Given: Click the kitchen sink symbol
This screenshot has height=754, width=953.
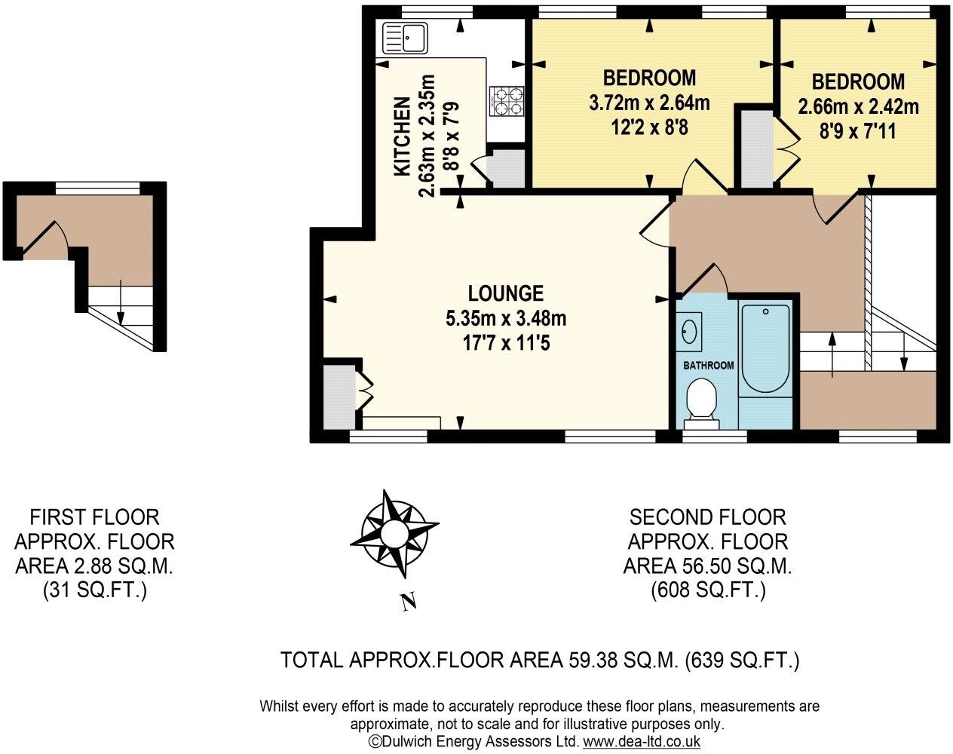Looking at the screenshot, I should pos(406,37).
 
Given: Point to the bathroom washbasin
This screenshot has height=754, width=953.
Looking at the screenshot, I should pos(688,331).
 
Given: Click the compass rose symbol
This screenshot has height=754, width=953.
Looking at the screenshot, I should pos(394,534).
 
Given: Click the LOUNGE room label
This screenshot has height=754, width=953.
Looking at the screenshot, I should pos(505,293).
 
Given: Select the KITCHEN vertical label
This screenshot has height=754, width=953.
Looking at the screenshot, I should pos(403,136).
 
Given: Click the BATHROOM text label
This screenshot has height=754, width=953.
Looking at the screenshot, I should pos(708,366).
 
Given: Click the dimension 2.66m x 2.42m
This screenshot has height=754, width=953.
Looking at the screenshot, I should pos(858,106).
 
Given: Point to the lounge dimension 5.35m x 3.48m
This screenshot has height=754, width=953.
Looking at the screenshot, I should pos(505,318).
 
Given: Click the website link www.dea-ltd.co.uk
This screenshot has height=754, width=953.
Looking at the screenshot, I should pos(641,741).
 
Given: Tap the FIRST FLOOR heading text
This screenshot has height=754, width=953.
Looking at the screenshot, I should pos(94,517).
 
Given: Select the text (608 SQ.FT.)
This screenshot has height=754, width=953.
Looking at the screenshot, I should pos(708,590).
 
